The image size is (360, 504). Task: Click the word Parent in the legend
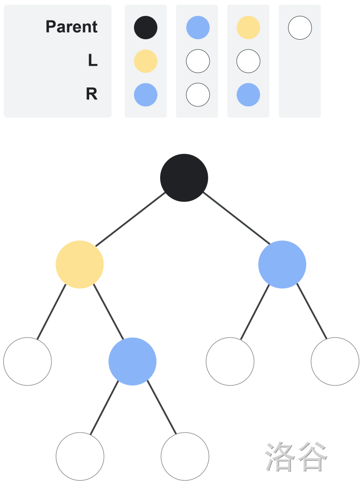71,27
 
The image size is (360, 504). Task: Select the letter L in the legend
92,60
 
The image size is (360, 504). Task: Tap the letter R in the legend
92,94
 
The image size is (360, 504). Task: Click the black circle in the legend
146,28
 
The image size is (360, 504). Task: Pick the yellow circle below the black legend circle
146,61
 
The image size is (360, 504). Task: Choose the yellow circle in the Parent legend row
248,28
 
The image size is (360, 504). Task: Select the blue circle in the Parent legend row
198,28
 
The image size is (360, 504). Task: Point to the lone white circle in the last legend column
300,28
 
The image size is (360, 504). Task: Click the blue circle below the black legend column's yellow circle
146,95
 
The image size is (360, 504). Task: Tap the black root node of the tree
184,178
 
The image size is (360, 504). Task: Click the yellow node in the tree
80,265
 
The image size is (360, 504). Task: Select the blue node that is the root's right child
282,265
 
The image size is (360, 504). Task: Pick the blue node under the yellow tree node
133,361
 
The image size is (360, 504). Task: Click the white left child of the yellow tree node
28,361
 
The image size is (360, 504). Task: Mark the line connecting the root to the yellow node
131,219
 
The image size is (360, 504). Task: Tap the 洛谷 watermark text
296,456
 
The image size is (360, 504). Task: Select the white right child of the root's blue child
335,361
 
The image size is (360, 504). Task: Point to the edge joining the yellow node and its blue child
108,312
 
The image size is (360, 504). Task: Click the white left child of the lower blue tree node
80,456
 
